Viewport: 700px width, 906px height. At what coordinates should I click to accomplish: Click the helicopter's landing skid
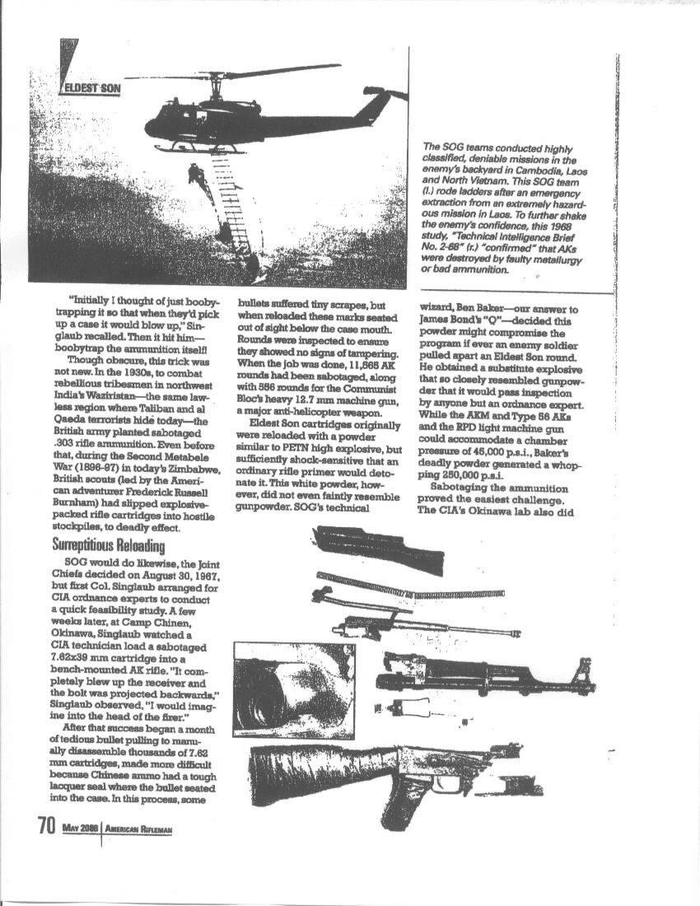[x=198, y=150]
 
